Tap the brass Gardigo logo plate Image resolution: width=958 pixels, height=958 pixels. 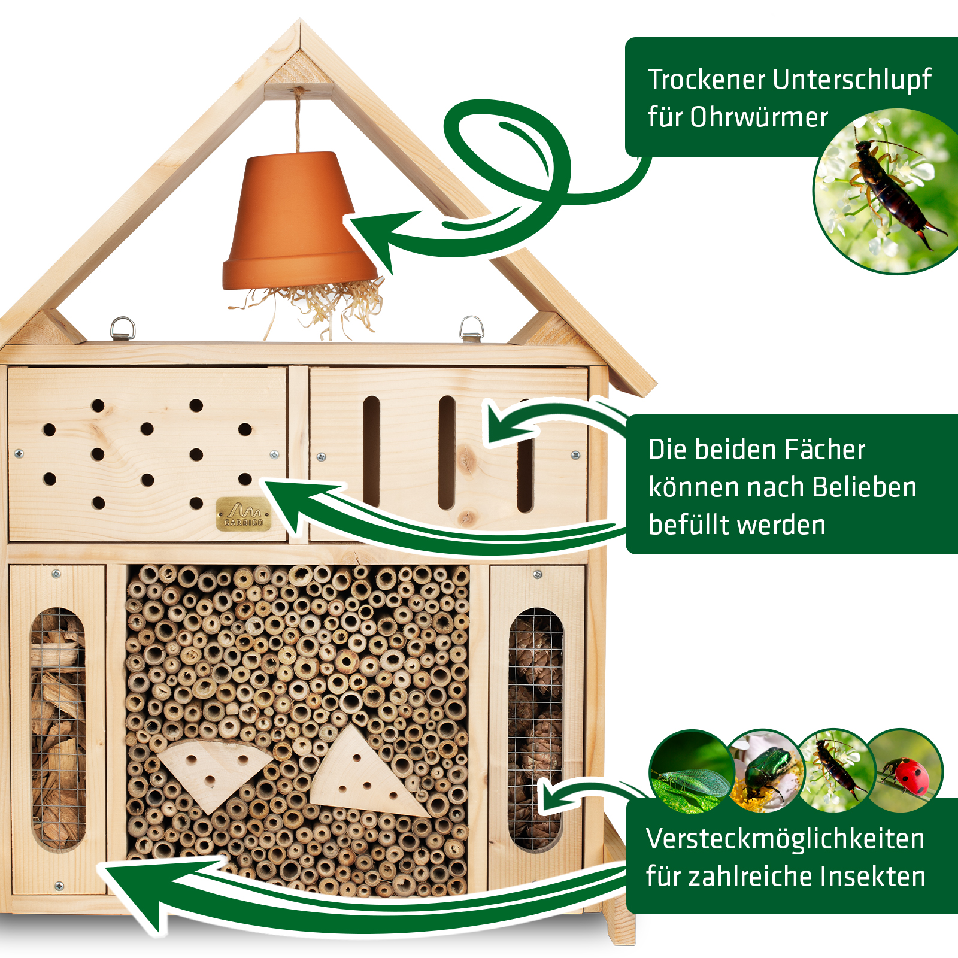coord(243,514)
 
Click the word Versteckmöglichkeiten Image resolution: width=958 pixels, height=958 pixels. coord(785,839)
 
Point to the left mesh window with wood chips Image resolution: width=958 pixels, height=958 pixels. coord(58,727)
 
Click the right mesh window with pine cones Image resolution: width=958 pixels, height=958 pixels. coord(535,727)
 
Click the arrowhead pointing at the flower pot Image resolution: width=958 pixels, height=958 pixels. coord(374,237)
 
